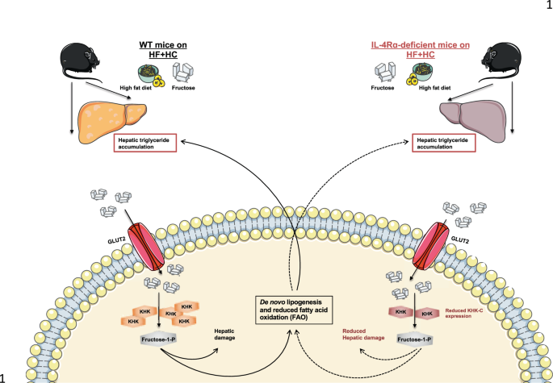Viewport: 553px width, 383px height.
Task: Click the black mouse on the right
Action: (x=501, y=60)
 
